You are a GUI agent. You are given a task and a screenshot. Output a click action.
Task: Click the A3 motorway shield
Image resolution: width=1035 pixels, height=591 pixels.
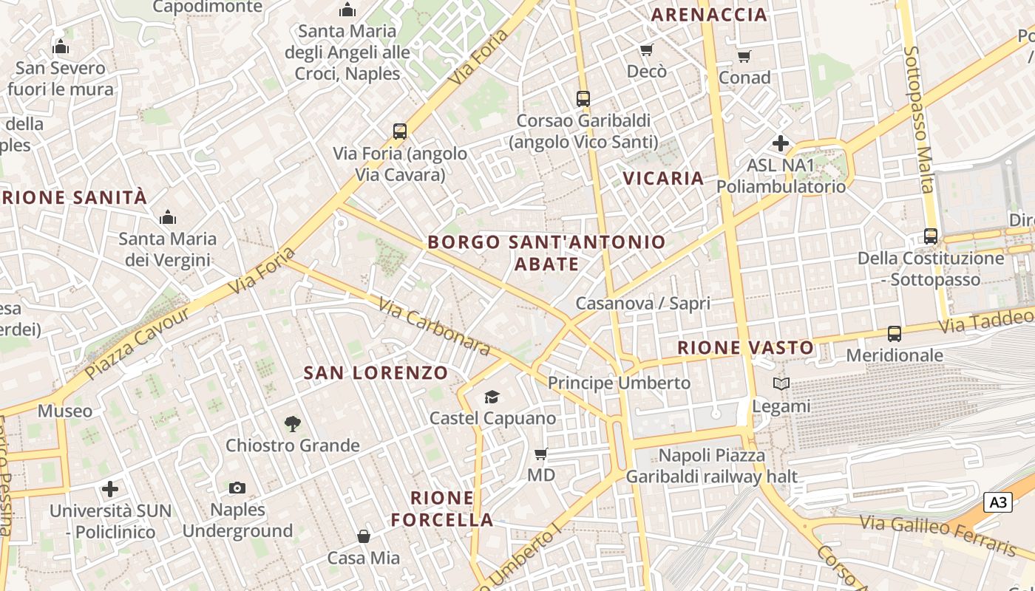[x=998, y=503]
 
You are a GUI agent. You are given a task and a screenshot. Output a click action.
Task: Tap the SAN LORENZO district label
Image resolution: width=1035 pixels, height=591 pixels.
[x=376, y=373]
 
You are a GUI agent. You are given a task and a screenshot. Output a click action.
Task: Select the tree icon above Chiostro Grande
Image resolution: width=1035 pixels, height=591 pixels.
[x=293, y=424]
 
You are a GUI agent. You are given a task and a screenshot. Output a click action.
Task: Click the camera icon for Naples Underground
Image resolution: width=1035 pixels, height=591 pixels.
[x=237, y=488]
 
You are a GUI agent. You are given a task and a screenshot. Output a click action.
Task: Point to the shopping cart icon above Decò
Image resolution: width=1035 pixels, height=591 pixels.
[x=647, y=49]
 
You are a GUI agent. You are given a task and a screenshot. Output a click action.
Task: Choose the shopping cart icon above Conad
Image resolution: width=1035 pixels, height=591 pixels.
[x=744, y=56]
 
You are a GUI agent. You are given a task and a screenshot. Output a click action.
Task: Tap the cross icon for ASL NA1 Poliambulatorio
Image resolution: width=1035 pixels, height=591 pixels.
[x=781, y=143]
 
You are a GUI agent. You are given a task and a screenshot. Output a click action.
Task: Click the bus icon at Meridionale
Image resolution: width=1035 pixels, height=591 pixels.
[x=895, y=334]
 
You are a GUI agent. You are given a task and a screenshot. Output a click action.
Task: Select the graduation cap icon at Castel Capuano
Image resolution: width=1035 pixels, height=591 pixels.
[x=492, y=397]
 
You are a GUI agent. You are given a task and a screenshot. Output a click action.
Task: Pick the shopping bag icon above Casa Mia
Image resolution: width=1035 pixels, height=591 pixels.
[x=364, y=536]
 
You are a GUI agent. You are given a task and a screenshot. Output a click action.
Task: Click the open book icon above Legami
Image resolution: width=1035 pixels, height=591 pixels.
[x=781, y=384]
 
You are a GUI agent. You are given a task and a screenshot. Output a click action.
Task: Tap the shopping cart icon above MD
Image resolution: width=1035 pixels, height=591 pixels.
[x=541, y=454]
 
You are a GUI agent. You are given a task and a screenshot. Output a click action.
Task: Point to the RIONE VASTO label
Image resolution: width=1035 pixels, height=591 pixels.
[x=745, y=347]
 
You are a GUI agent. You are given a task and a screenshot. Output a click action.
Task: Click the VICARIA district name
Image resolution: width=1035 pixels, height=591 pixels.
[x=663, y=178]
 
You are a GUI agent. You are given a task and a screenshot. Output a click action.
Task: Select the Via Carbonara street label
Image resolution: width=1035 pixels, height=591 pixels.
[x=434, y=326]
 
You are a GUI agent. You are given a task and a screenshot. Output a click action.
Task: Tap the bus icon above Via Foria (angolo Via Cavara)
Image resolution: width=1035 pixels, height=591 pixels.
[x=400, y=131]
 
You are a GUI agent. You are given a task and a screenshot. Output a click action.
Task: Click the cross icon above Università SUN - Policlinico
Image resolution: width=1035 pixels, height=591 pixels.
[x=110, y=489]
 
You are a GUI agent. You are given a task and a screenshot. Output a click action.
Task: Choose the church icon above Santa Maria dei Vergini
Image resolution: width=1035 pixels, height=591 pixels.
[x=168, y=217]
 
